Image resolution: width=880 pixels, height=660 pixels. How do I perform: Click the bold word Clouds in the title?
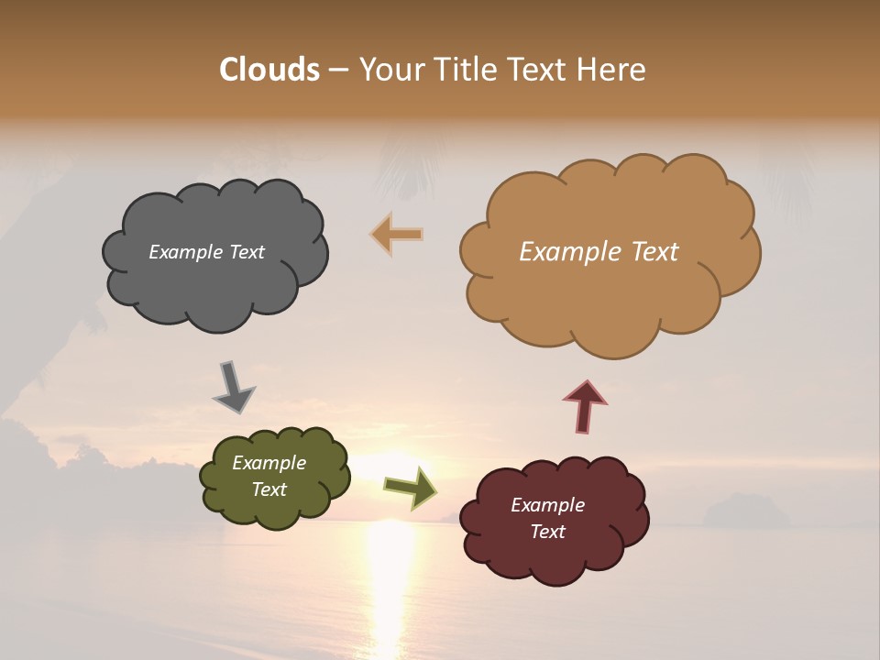click(x=269, y=70)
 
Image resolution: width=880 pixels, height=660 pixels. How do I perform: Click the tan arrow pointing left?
click(x=397, y=234)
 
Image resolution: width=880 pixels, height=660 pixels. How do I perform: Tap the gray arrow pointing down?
click(x=233, y=387)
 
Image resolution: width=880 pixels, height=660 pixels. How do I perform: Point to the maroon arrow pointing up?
click(x=585, y=405)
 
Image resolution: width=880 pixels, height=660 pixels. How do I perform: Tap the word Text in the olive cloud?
click(x=269, y=489)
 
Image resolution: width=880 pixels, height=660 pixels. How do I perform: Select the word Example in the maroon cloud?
click(x=547, y=505)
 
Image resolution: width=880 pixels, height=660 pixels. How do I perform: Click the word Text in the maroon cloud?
click(x=547, y=532)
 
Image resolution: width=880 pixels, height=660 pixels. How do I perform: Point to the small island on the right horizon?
click(x=744, y=511)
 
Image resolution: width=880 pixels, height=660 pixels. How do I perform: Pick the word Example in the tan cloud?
click(x=566, y=252)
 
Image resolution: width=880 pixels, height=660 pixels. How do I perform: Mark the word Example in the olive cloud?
click(x=269, y=463)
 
